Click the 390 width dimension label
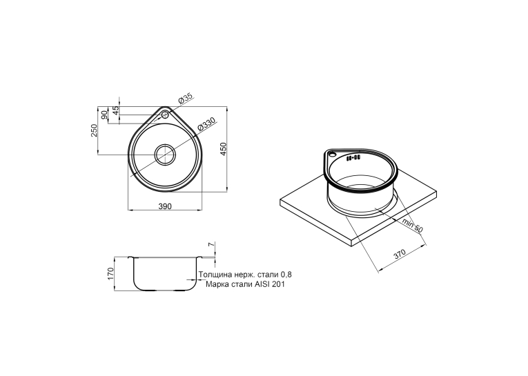165,206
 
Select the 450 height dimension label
224,149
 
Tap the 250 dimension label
94,130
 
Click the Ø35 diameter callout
185,98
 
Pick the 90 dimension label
104,115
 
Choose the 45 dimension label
116,110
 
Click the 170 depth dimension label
111,274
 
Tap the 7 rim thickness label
211,245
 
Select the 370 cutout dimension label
400,255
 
